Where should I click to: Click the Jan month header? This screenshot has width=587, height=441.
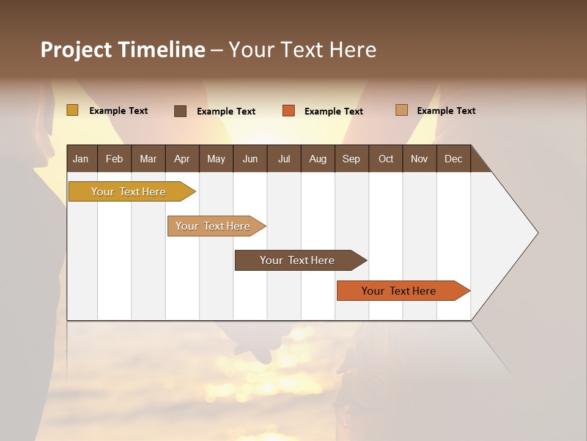click(81, 159)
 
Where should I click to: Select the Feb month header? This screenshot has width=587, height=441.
click(114, 159)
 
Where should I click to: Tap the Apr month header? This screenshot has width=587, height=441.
click(182, 159)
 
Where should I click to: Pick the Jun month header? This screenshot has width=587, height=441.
click(249, 159)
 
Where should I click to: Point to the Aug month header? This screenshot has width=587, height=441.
click(317, 159)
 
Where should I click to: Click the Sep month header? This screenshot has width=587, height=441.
click(351, 159)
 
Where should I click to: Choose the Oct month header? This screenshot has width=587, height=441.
click(385, 159)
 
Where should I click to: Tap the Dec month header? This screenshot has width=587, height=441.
click(453, 159)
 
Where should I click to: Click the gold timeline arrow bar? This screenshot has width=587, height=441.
click(129, 192)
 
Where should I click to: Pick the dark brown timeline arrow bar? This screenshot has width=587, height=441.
click(298, 260)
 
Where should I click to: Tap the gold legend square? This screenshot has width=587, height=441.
click(72, 110)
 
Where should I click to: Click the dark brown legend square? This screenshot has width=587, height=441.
click(180, 111)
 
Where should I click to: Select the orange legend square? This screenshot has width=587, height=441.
click(288, 111)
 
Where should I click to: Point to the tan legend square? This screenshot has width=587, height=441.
click(401, 110)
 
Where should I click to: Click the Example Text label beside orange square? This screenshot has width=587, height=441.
click(333, 111)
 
